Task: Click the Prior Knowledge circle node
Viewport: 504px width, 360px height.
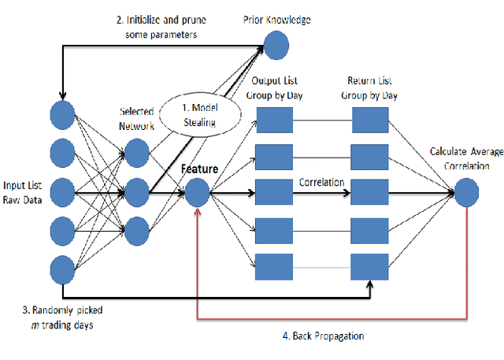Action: click(x=276, y=46)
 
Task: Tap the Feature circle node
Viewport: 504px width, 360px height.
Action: click(x=196, y=191)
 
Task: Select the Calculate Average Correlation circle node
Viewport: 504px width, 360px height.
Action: click(x=465, y=191)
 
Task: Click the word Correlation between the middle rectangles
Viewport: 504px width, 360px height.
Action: click(x=322, y=182)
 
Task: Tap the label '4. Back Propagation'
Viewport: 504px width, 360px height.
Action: click(x=324, y=336)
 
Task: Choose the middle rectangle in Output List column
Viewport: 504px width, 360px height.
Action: click(x=274, y=191)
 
